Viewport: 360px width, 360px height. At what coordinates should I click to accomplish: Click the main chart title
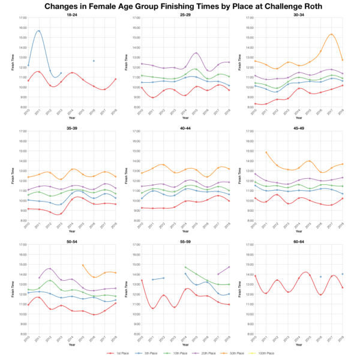(180, 6)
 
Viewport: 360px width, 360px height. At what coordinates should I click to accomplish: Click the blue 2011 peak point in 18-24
(39, 31)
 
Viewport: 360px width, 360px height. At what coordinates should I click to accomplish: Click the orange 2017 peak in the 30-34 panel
(331, 34)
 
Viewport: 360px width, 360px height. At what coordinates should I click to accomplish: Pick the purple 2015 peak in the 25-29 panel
(196, 53)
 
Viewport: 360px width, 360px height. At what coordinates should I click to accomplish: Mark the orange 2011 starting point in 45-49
(266, 152)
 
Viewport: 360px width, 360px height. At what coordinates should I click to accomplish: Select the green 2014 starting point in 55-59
(185, 267)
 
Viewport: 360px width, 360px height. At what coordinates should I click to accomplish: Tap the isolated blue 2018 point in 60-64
(343, 274)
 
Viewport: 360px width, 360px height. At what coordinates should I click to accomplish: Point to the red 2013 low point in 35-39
(61, 214)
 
